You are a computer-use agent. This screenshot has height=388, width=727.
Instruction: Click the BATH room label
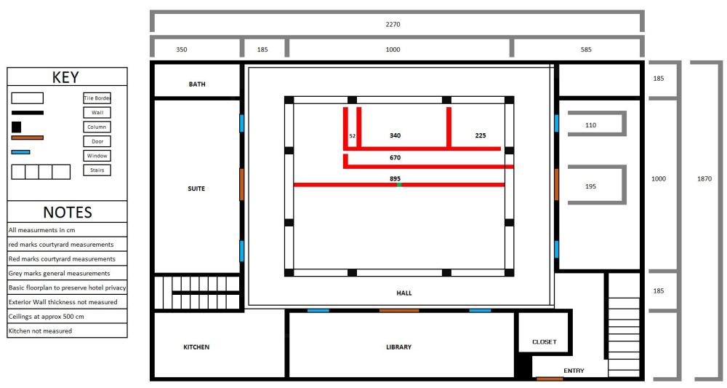click(197, 84)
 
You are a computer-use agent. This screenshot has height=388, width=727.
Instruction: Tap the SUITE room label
click(196, 189)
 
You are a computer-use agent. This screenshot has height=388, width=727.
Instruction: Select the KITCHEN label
click(196, 347)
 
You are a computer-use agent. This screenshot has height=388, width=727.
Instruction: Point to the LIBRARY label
click(398, 347)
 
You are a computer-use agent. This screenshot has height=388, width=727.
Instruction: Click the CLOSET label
click(544, 341)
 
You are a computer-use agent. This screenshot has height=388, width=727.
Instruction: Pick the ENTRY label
click(574, 371)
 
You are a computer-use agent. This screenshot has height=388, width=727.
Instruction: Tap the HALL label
click(404, 293)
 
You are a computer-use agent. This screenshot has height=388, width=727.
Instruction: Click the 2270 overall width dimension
click(393, 24)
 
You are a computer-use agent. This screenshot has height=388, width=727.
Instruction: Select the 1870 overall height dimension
click(704, 178)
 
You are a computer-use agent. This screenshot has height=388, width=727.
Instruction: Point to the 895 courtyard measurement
click(395, 178)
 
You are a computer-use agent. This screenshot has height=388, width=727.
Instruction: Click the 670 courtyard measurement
click(395, 157)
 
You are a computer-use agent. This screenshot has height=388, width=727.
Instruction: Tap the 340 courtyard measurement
click(395, 135)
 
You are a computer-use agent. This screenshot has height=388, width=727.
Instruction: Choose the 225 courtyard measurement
click(481, 135)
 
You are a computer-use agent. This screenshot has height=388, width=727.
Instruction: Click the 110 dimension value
click(590, 125)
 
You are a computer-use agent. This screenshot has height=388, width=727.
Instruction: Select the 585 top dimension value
click(586, 50)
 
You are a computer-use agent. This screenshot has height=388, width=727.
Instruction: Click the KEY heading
click(66, 78)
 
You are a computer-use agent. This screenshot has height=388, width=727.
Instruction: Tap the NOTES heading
click(67, 212)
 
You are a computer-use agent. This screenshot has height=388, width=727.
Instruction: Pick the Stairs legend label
click(97, 170)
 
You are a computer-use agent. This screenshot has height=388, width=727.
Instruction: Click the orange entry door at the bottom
click(550, 379)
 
